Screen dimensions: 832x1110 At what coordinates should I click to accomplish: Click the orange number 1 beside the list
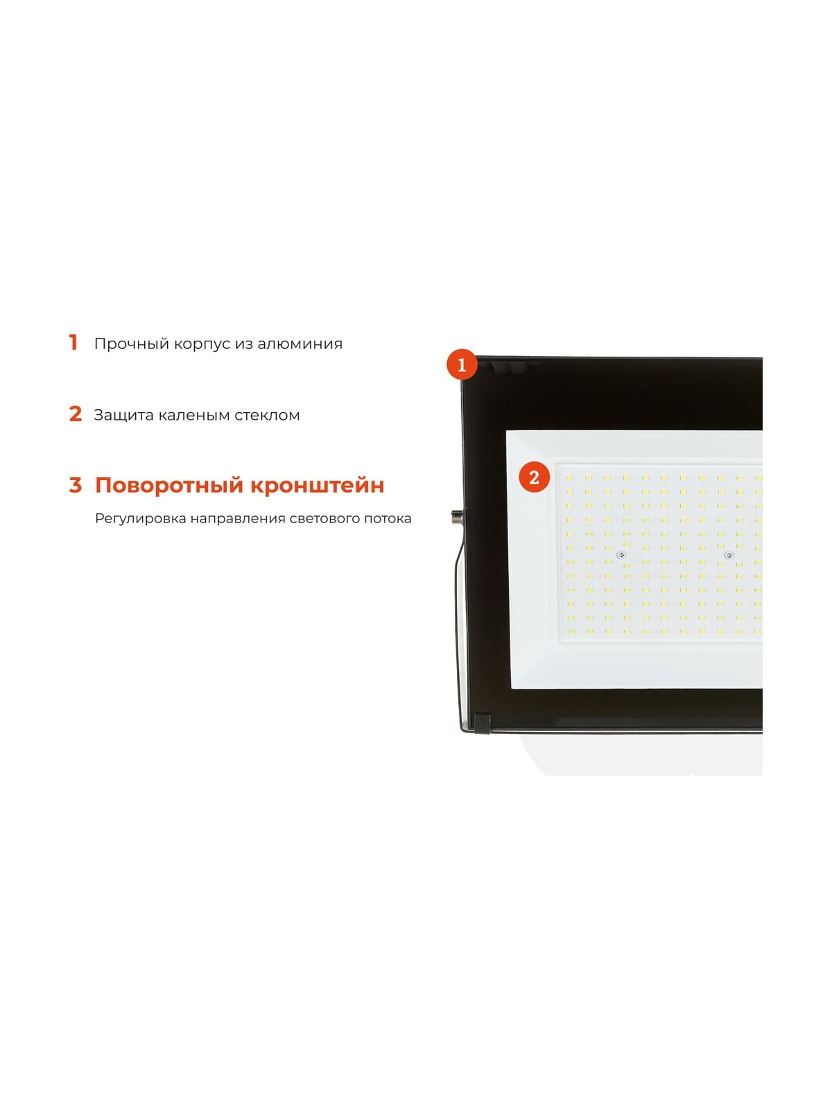coord(73,342)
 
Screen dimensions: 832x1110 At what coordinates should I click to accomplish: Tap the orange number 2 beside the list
coord(76,413)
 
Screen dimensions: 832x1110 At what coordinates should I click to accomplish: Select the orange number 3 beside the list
coord(76,485)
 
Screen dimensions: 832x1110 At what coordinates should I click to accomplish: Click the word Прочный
coord(132,344)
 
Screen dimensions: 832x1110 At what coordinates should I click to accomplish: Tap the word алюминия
coord(300,344)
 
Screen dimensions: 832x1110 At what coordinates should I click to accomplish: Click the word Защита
coord(124,415)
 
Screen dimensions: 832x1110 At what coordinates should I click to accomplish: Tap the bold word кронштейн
coord(318,486)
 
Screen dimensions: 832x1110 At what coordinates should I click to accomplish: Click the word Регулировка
coord(141,519)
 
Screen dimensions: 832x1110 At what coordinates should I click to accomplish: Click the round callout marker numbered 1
coord(461,364)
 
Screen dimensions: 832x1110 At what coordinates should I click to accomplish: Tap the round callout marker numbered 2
coord(534,477)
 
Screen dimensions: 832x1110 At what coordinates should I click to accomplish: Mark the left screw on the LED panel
coord(621,555)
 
